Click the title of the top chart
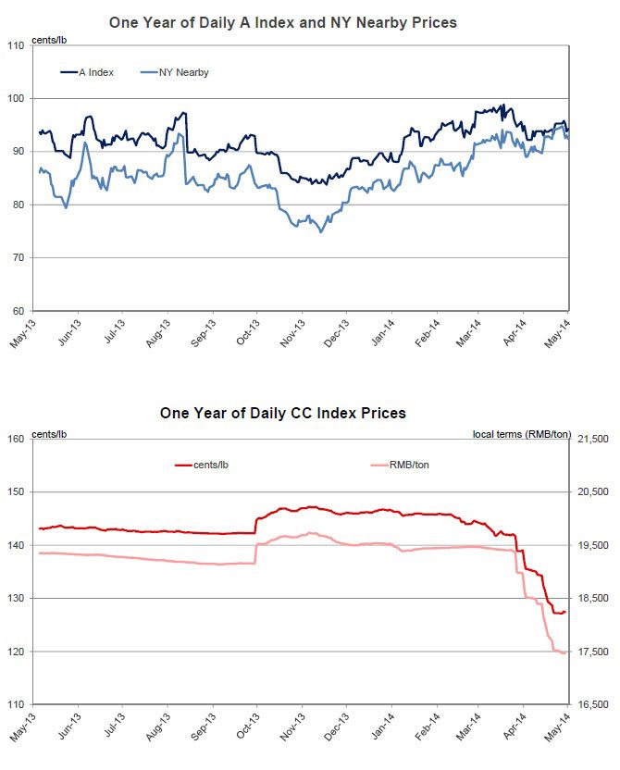click(282, 21)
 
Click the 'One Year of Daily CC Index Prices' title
click(282, 413)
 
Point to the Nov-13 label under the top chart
click(294, 331)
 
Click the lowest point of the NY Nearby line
click(321, 231)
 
